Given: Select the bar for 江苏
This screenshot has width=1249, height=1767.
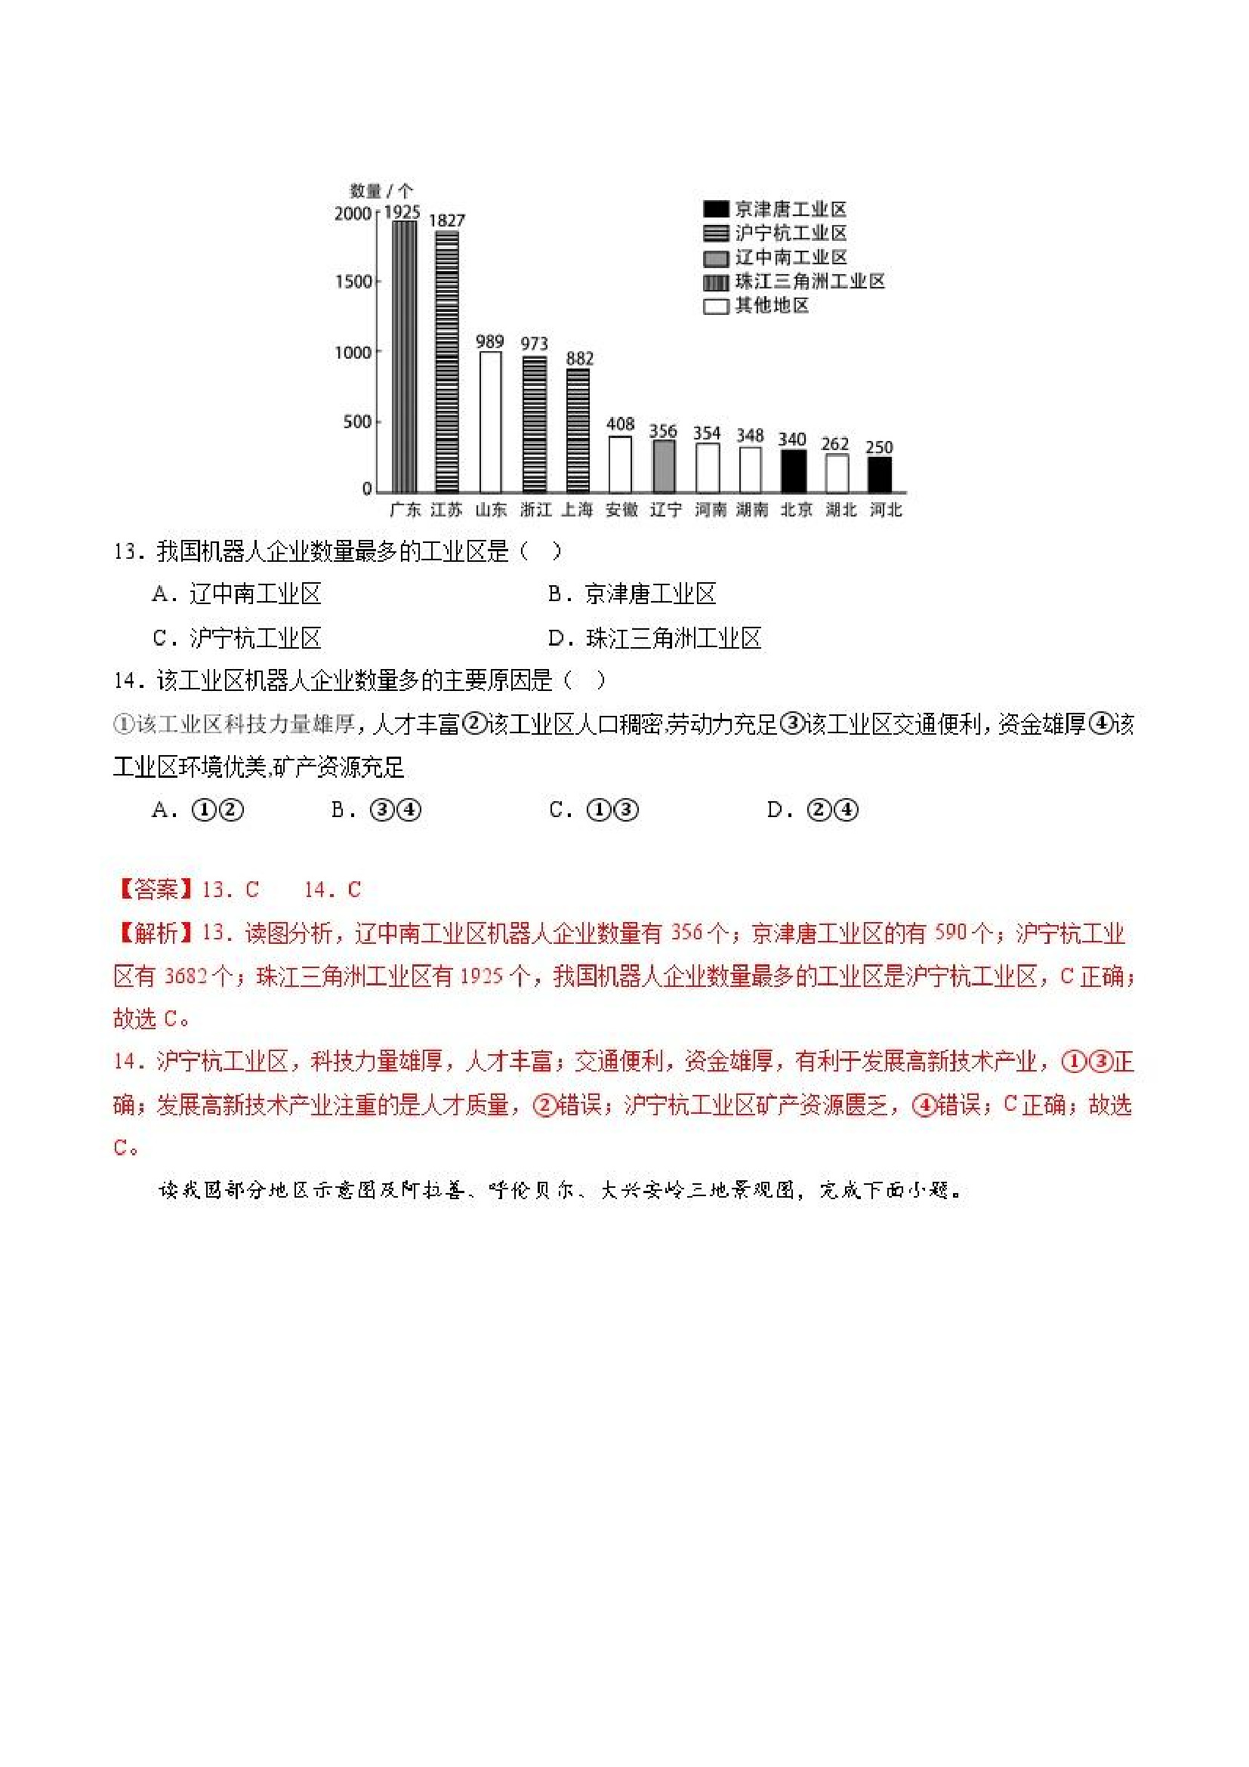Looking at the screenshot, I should (446, 361).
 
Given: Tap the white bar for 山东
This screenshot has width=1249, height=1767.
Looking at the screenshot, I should (490, 422).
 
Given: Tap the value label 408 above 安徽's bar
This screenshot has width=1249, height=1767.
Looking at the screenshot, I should (620, 424).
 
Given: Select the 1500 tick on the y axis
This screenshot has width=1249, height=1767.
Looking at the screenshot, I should (353, 282).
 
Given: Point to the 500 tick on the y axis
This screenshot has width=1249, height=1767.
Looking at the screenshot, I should (357, 422).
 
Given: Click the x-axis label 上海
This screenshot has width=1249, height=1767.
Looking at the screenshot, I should (577, 510).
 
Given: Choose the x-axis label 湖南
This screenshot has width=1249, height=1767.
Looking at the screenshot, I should (752, 510).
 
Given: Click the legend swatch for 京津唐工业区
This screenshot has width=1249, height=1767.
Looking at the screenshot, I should (716, 209).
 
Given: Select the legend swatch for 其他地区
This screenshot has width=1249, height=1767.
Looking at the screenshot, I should (716, 307).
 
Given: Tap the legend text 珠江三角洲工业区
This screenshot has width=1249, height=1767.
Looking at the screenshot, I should (810, 282).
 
